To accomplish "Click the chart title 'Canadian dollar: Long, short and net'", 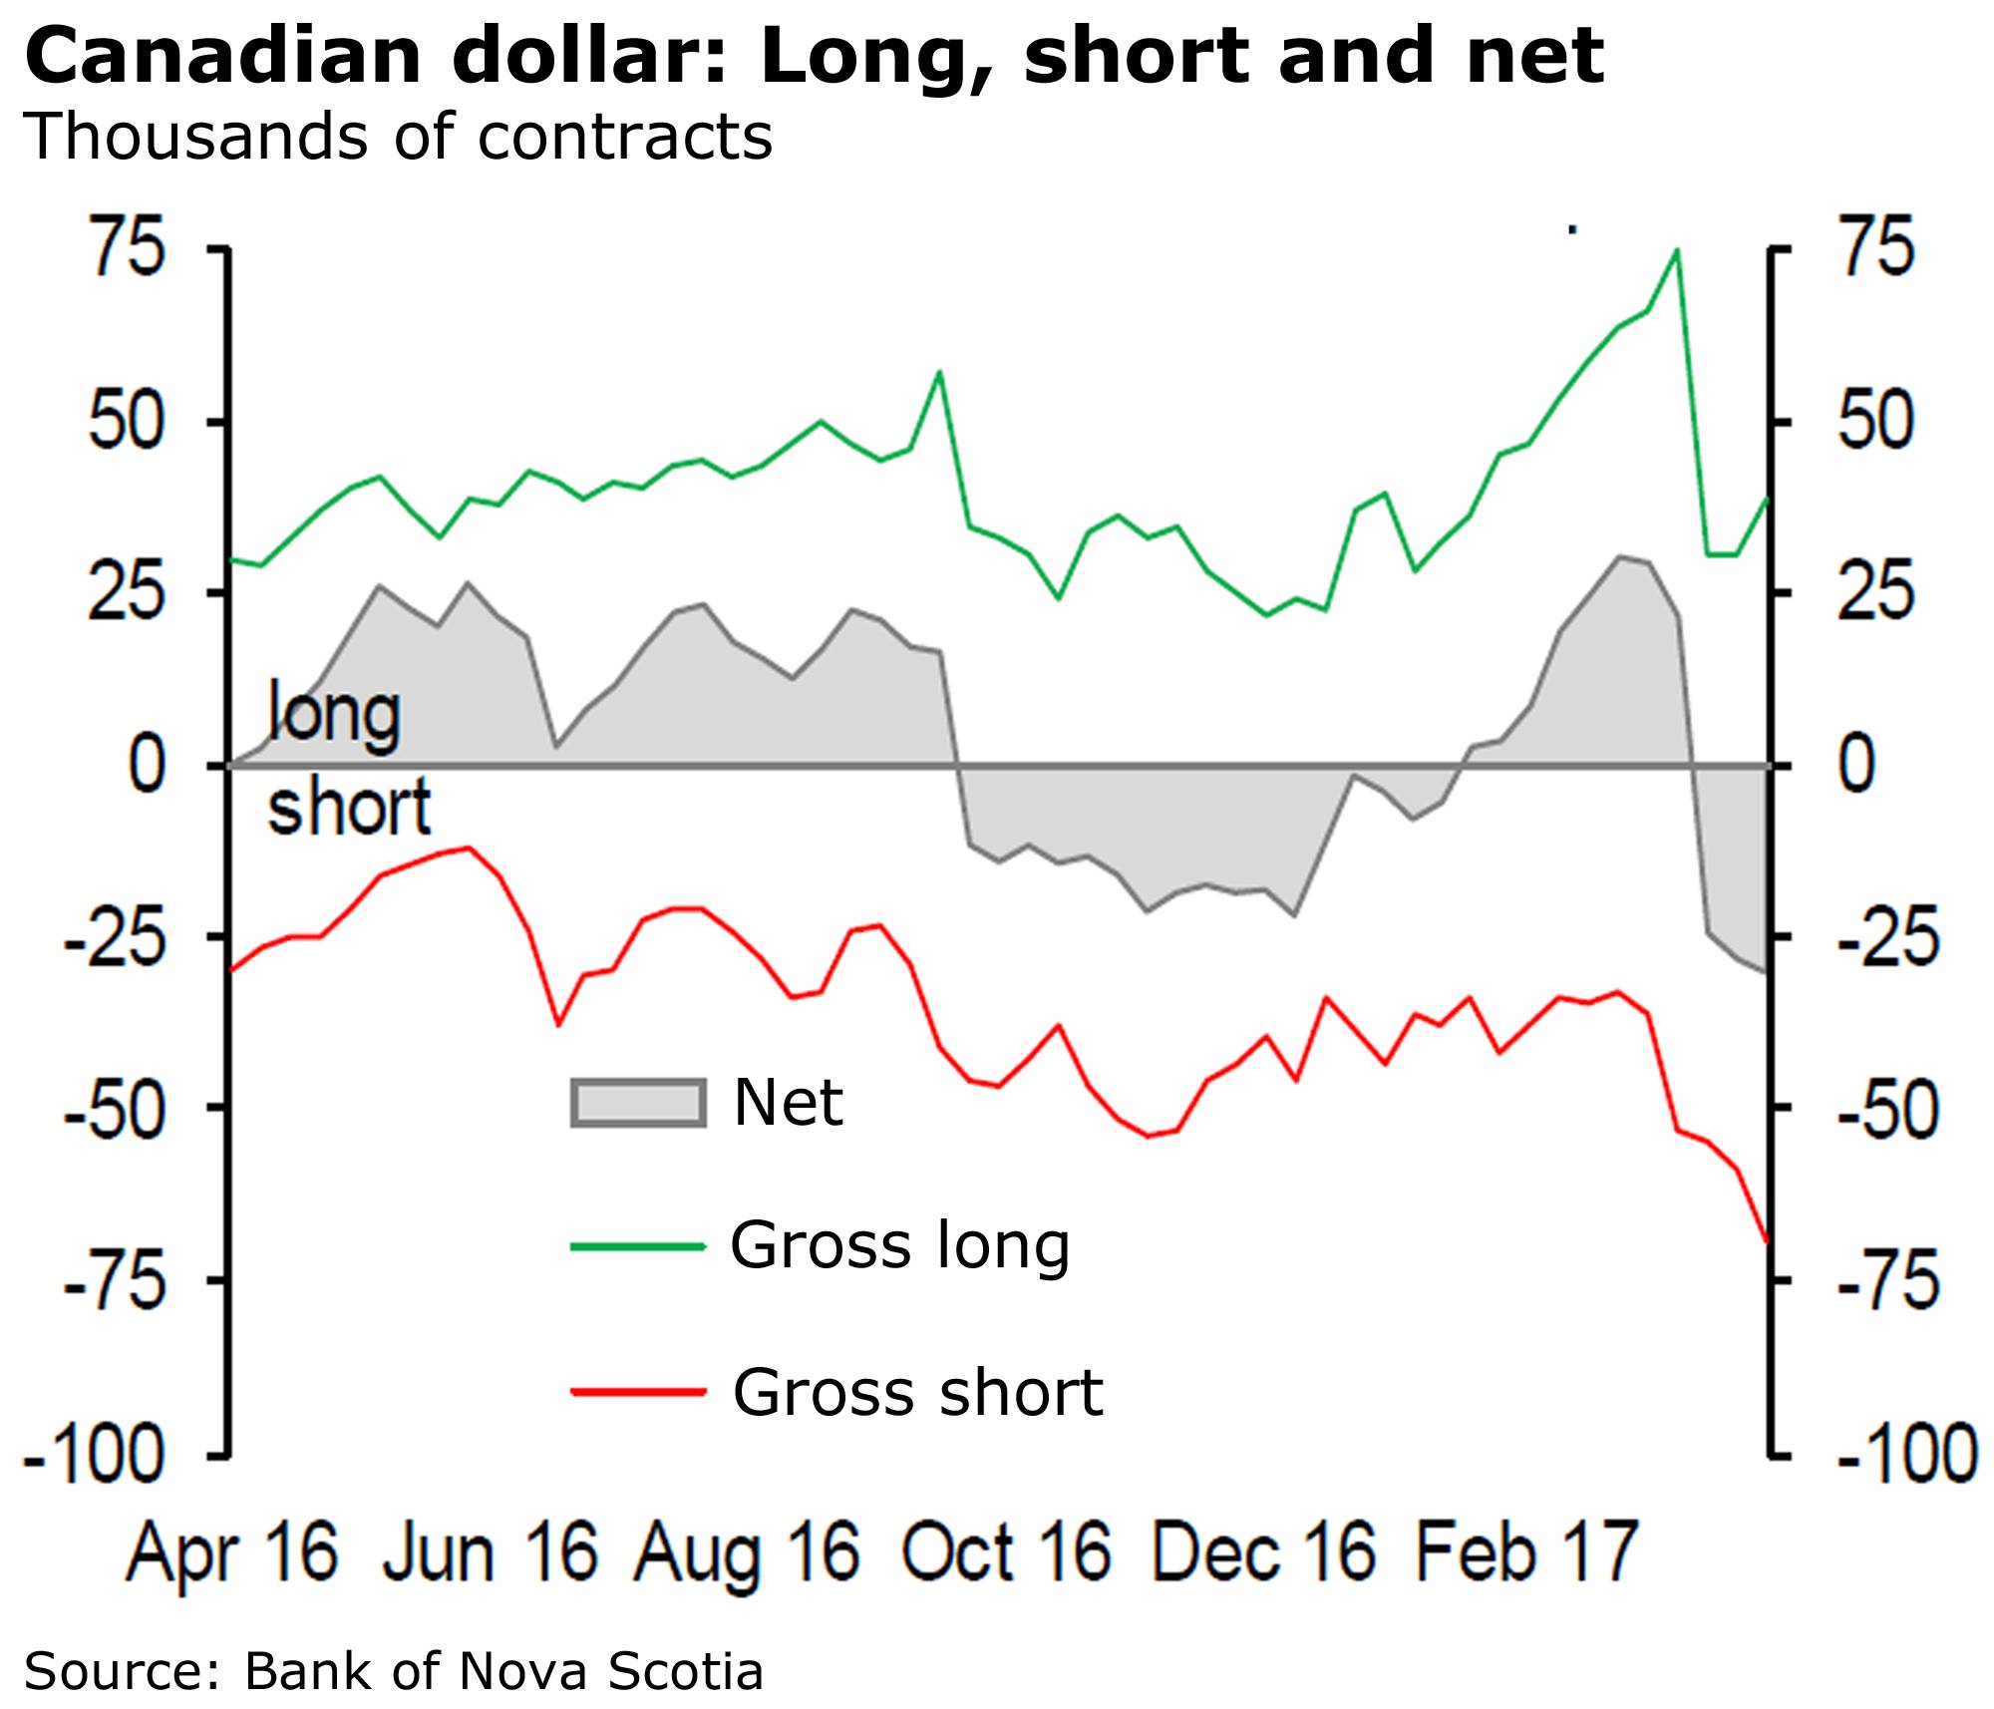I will (x=814, y=56).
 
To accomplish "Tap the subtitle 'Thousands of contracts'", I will (x=398, y=137).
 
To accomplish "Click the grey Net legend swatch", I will (x=638, y=1103).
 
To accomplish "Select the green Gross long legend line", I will (x=638, y=1246).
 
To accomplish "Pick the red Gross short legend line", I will (x=638, y=1391).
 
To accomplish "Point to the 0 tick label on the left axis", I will (x=148, y=766).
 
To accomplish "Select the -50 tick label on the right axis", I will (x=1888, y=1109).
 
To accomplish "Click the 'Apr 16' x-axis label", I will (x=232, y=1552).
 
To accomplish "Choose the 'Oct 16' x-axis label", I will (x=1006, y=1552).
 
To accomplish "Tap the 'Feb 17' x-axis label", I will (x=1526, y=1552).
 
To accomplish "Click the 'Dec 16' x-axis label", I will (x=1263, y=1552).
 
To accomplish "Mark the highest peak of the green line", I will (x=1676, y=250).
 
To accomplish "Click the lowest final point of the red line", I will (x=1767, y=1241).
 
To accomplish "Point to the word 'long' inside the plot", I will (x=335, y=714).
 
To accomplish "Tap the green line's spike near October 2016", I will (x=939, y=372).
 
